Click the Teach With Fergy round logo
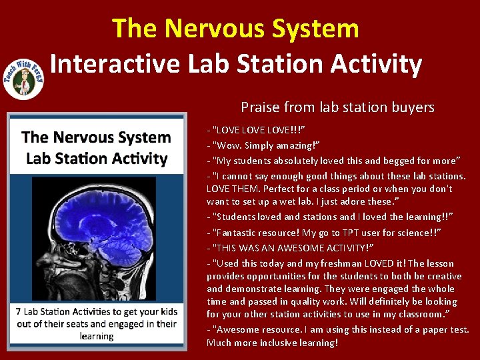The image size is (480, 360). pyautogui.click(x=24, y=75)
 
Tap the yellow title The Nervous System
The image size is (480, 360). pyautogui.click(x=235, y=28)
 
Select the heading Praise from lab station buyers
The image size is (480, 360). pyautogui.click(x=337, y=107)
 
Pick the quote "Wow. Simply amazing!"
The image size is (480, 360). pyautogui.click(x=264, y=145)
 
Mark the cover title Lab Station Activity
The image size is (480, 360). pyautogui.click(x=97, y=159)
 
